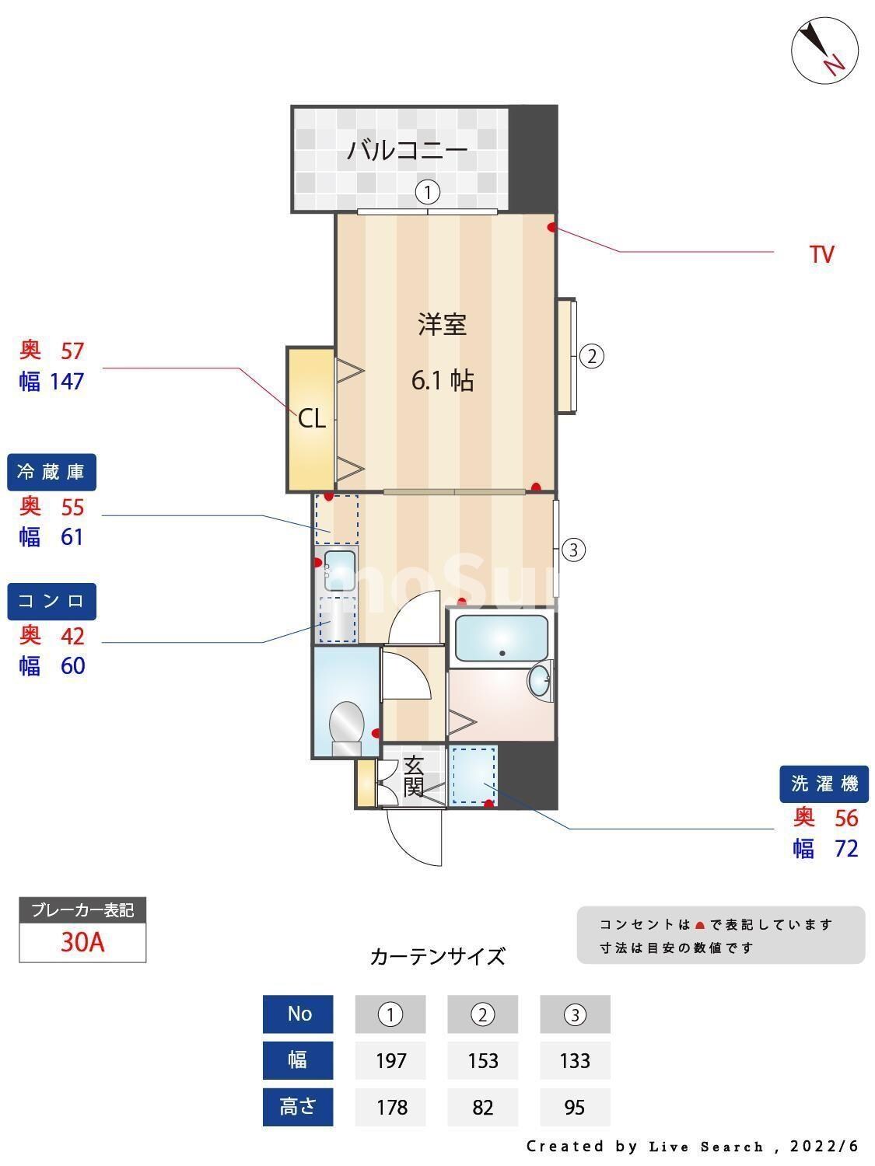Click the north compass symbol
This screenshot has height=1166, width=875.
point(824,50)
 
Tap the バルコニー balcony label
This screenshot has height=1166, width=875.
point(407,149)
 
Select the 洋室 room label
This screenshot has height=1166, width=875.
point(443,324)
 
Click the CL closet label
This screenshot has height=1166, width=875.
point(311,419)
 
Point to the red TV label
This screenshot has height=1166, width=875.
point(821,254)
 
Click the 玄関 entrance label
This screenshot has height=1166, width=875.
point(414,776)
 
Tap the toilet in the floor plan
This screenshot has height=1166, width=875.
point(346,727)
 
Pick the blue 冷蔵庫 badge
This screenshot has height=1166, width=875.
point(51,472)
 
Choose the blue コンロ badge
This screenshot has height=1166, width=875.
point(51,601)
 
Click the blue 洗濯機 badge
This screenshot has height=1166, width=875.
point(824,784)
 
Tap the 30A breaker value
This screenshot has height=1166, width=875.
point(82,943)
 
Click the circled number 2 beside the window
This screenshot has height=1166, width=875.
point(591,357)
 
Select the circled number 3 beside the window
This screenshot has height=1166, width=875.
point(573,550)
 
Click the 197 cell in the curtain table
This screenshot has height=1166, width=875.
point(390,1061)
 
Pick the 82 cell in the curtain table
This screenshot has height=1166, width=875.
point(482,1107)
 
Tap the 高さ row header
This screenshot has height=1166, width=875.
point(298,1107)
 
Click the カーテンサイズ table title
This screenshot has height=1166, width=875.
point(437,956)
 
